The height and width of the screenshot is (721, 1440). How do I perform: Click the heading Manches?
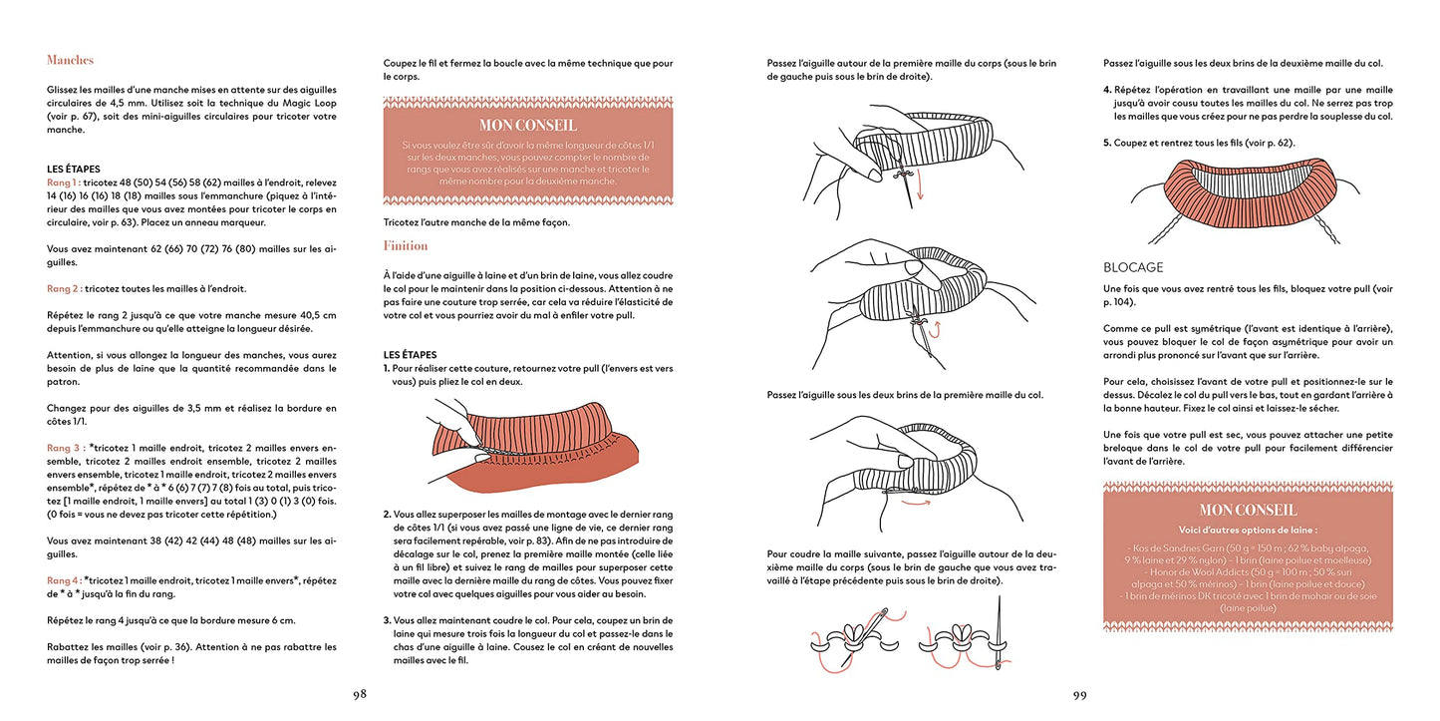(70, 60)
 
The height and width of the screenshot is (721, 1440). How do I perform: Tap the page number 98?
(359, 695)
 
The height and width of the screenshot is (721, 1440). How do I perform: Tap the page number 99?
(1079, 695)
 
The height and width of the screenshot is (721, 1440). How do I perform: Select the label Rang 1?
(63, 183)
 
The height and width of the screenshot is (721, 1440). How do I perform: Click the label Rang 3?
(63, 448)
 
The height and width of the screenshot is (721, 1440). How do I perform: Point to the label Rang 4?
(63, 579)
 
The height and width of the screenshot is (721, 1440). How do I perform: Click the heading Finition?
(406, 245)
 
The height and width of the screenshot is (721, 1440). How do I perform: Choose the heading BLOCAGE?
(1133, 267)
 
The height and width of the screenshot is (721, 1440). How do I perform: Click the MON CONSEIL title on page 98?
(527, 125)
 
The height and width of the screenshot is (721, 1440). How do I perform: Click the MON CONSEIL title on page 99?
(1248, 510)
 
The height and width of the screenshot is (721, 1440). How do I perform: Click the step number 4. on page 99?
(1107, 90)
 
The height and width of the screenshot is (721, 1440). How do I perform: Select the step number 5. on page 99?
(1107, 143)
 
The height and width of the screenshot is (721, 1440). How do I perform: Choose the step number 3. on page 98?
(387, 620)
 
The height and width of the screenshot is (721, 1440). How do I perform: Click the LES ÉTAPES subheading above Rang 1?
(73, 170)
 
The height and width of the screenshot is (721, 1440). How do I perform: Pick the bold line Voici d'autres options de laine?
(1248, 530)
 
